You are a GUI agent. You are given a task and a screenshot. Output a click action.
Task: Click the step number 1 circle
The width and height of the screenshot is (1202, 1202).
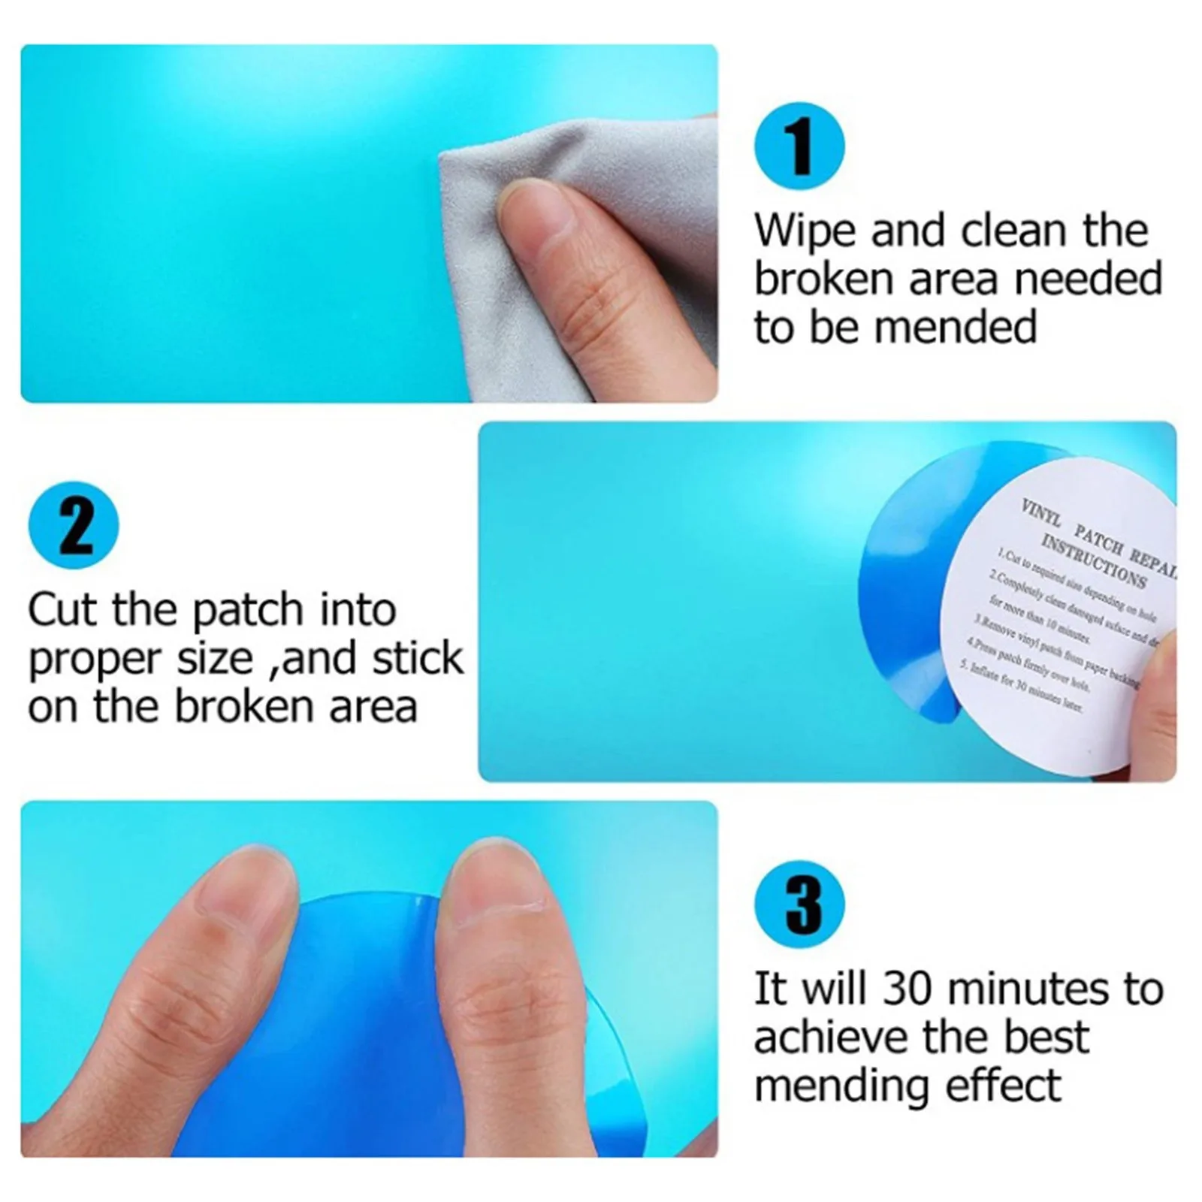tap(799, 146)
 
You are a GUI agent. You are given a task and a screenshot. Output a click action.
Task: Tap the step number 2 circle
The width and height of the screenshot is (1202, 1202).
tap(73, 524)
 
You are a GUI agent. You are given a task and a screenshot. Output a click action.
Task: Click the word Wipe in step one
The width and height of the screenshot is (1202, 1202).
tap(805, 231)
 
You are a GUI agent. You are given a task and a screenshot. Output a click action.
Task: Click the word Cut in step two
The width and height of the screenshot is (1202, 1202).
tap(64, 610)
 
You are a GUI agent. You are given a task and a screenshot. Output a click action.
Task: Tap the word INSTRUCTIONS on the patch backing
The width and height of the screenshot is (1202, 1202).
tap(1093, 563)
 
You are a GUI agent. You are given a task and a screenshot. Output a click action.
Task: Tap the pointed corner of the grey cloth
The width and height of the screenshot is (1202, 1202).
tap(445, 156)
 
